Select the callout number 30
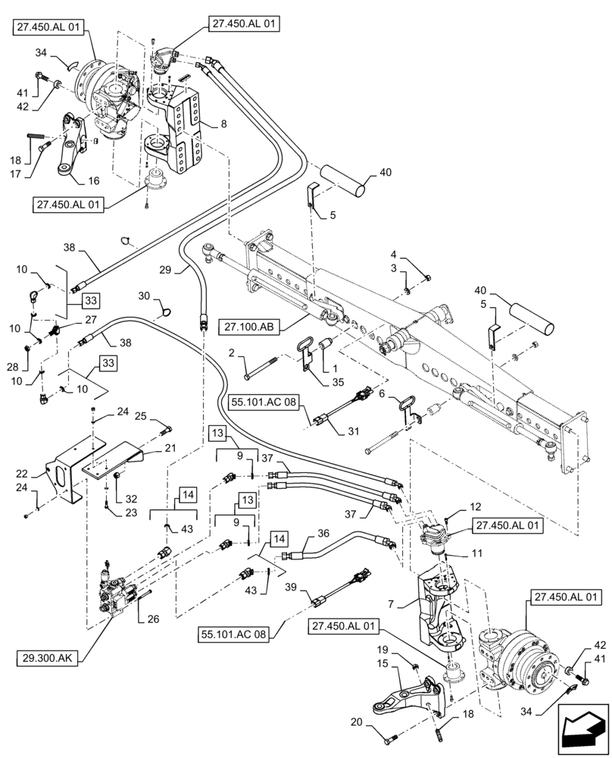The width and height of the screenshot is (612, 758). (144, 296)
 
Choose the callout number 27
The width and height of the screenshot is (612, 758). (90, 320)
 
